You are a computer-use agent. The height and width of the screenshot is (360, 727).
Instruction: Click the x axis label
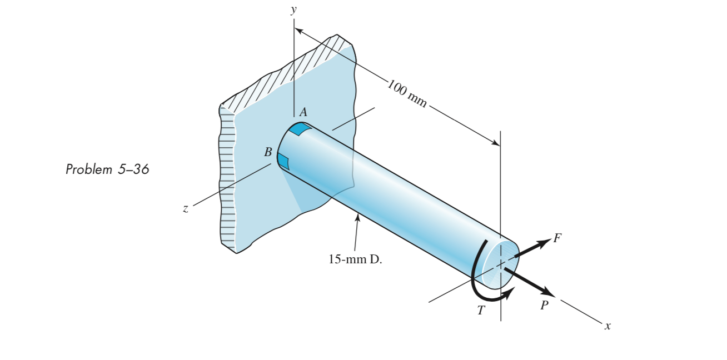point(608,327)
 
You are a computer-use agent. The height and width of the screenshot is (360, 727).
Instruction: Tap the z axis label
point(186,209)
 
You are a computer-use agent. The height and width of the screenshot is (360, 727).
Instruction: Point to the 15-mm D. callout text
point(355,259)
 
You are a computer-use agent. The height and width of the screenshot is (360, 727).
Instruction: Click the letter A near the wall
point(303,112)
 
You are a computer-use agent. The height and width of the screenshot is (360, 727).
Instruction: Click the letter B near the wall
point(268,152)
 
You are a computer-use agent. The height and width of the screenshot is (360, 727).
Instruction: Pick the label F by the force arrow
point(557,239)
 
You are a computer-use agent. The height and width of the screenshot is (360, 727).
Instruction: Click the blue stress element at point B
point(283,162)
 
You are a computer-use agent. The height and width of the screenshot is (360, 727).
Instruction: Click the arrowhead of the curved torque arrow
point(510,293)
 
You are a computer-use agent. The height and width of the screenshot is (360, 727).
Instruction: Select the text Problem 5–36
point(107,169)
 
